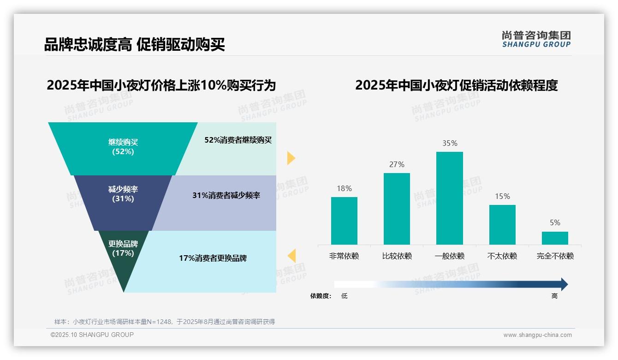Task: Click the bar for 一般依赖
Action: [449, 198]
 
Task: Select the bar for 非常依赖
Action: [344, 221]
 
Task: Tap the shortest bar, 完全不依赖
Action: [555, 238]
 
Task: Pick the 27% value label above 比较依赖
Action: [397, 165]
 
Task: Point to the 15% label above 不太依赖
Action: [502, 197]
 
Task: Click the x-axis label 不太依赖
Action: [502, 256]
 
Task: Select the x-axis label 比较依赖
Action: [397, 256]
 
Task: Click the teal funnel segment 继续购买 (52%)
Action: [123, 148]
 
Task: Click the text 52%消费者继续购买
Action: [238, 140]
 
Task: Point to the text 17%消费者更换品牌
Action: [213, 258]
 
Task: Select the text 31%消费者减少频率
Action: [226, 196]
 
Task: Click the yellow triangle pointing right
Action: [291, 158]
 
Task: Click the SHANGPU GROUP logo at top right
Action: [536, 39]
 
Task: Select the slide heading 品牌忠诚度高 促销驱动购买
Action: [134, 45]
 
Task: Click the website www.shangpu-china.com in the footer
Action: [537, 335]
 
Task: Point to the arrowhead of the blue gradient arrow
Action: [564, 284]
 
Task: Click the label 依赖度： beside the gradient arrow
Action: [321, 296]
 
